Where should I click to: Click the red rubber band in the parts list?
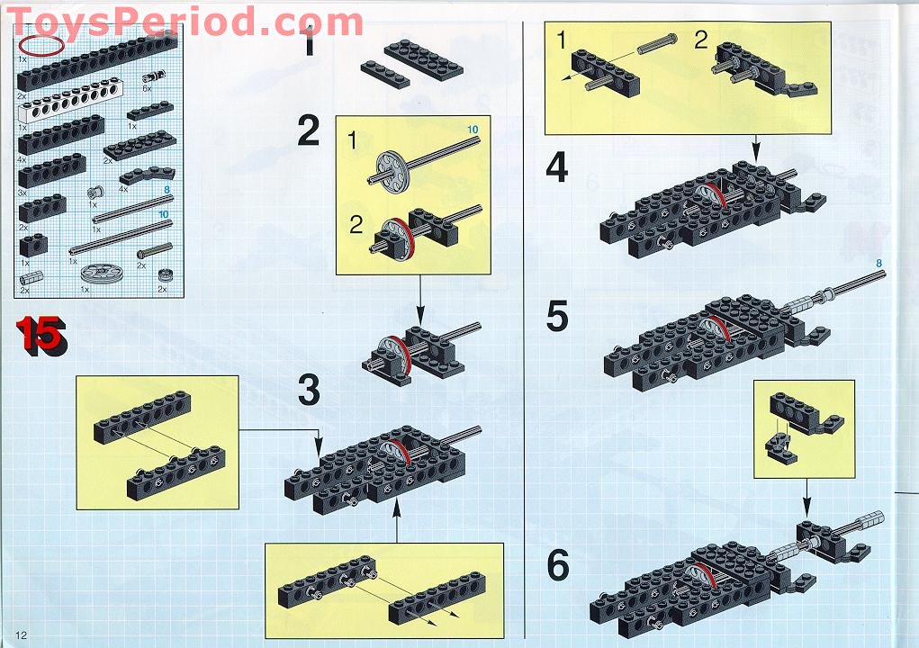pyautogui.click(x=43, y=45)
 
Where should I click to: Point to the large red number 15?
pyautogui.click(x=39, y=335)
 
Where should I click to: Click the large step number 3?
pyautogui.click(x=309, y=390)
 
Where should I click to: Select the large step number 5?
pyautogui.click(x=557, y=316)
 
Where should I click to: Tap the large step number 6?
pyautogui.click(x=558, y=565)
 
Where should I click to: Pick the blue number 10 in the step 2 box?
pyautogui.click(x=473, y=130)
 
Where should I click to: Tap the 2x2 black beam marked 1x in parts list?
pyautogui.click(x=34, y=242)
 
